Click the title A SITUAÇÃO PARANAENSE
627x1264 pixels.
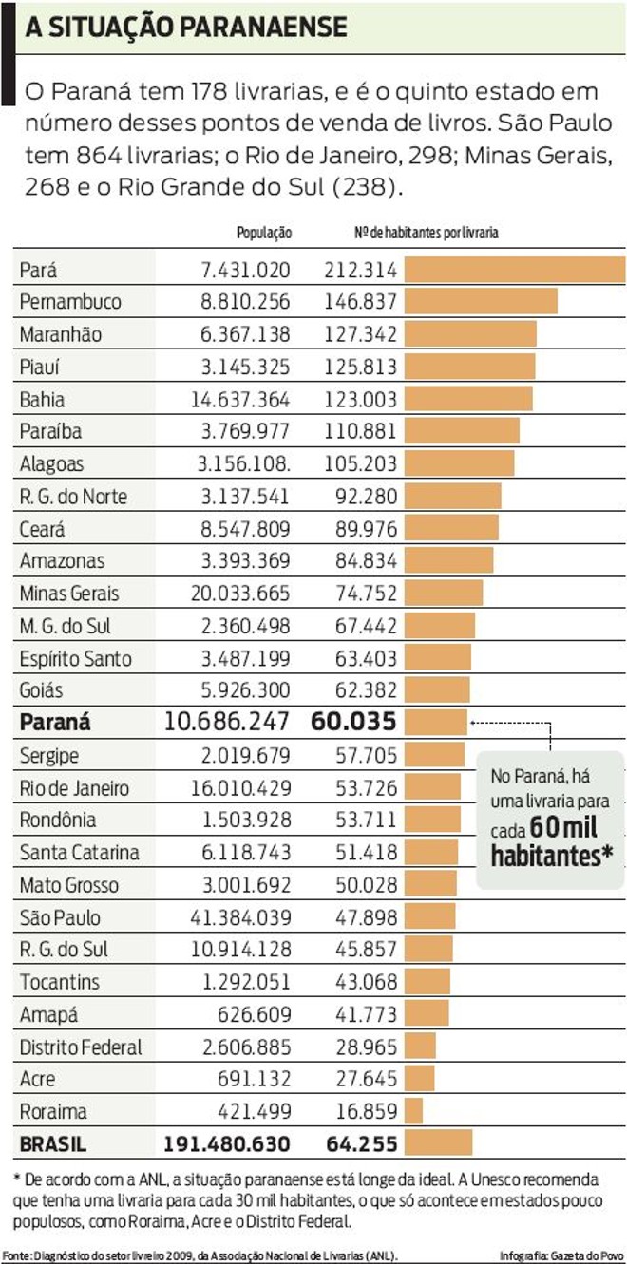186,28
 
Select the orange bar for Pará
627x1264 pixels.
514,270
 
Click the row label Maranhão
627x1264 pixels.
60,335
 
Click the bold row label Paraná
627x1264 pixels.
55,722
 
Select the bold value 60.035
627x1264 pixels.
352,722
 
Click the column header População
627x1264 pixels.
263,233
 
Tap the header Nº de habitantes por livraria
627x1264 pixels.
425,233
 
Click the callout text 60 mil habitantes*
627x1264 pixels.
552,840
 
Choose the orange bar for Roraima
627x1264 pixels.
413,1111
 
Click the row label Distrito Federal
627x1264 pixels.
81,1047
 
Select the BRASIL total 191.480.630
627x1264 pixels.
227,1143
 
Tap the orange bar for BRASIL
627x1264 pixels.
425,1143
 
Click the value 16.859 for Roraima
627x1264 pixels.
364,1111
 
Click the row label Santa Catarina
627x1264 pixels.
79,853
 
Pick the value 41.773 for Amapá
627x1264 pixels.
364,1015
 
